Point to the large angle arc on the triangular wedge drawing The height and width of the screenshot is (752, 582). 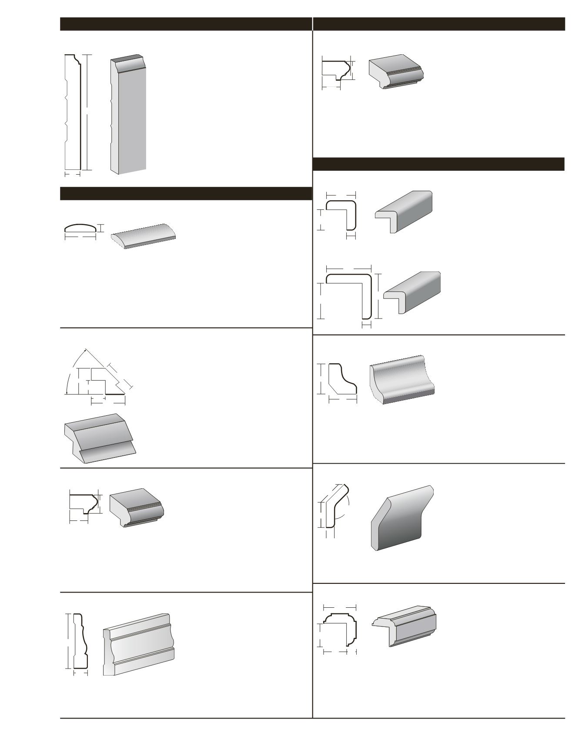pos(72,367)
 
